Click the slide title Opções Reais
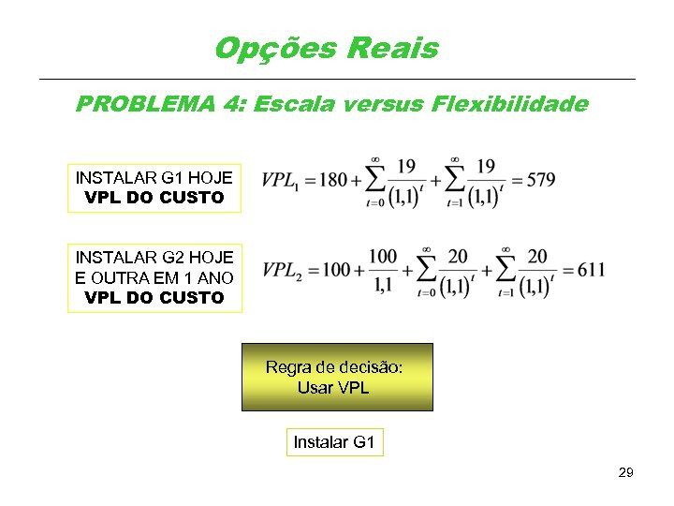[326, 48]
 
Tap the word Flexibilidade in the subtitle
[510, 104]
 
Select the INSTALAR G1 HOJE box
[154, 187]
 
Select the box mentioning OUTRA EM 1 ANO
[154, 277]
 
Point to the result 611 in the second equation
[591, 271]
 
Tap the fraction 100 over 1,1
[382, 271]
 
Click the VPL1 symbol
[280, 181]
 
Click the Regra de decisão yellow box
[337, 377]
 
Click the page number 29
[625, 472]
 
